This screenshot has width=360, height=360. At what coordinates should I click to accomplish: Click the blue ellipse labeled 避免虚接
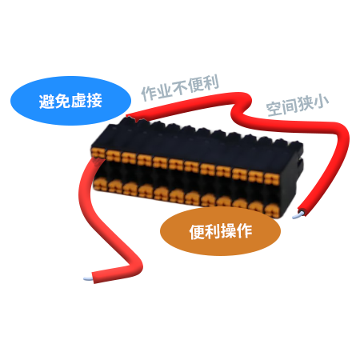[x=70, y=101]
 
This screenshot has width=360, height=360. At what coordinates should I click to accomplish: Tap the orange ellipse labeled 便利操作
[x=220, y=231]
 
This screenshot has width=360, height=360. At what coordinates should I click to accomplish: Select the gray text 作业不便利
[x=180, y=87]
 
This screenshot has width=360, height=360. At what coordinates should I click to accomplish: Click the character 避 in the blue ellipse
[x=47, y=101]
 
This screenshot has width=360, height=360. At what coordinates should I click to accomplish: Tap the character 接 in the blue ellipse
[x=94, y=101]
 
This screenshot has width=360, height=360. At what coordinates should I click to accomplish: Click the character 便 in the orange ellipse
[x=197, y=231]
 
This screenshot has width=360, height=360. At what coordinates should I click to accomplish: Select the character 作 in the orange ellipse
[x=244, y=231]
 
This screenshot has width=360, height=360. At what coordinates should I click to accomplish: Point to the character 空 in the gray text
[x=274, y=109]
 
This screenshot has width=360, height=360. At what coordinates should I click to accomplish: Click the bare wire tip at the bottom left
[x=88, y=278]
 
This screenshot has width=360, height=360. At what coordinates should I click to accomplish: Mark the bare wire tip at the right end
[x=298, y=215]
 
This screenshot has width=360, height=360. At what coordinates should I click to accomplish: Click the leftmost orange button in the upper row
[x=98, y=154]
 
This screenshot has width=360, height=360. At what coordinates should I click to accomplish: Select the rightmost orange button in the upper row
[x=272, y=179]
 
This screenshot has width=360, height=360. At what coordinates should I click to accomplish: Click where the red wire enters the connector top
[x=129, y=117]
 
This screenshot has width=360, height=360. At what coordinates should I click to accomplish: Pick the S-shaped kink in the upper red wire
[x=242, y=106]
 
